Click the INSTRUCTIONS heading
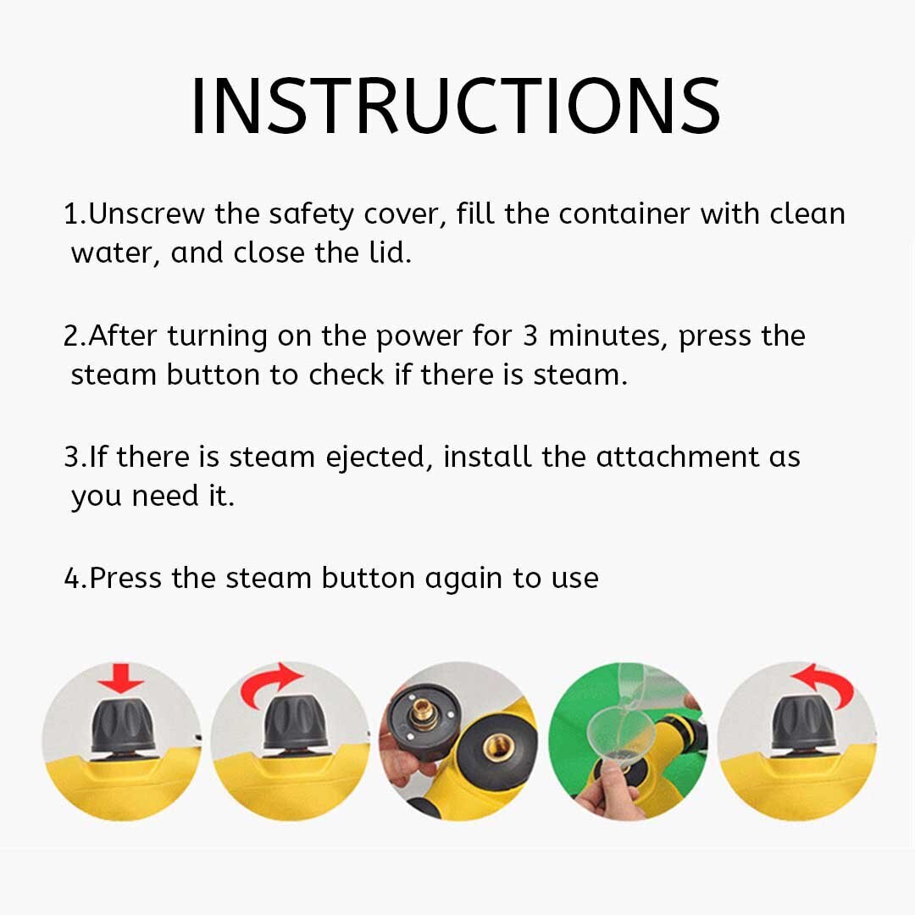(x=456, y=106)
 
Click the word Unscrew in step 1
(x=147, y=214)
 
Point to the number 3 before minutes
(x=530, y=336)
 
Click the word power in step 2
(x=419, y=338)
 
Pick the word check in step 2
(x=346, y=374)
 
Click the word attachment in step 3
(x=678, y=457)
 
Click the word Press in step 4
(x=125, y=578)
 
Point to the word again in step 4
(x=463, y=579)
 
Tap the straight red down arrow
(x=121, y=678)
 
